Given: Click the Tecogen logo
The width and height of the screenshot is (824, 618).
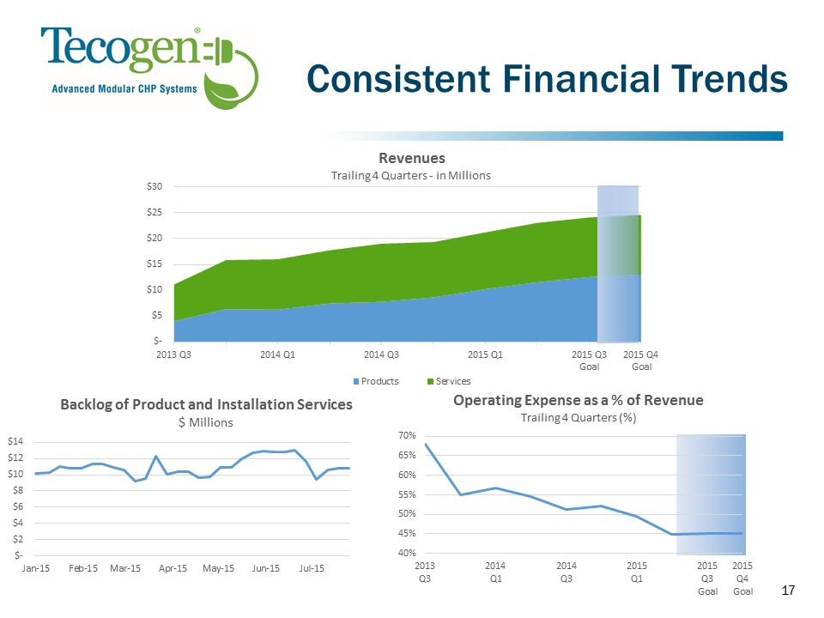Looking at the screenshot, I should (149, 65).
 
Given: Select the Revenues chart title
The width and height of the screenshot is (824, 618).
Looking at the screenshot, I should (412, 159).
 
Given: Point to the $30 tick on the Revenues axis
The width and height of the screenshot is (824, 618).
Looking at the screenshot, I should (157, 186).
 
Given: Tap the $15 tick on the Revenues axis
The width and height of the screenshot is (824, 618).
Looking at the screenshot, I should (157, 264).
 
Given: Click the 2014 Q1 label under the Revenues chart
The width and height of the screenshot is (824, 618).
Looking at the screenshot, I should (278, 354).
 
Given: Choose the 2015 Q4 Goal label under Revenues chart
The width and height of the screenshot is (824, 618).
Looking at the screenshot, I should (640, 360).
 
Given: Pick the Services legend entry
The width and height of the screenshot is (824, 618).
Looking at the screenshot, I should (453, 380).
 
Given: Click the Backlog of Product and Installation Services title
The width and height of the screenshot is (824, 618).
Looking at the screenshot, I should (206, 405).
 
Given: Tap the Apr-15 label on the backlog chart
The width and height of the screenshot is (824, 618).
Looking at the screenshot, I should (173, 569).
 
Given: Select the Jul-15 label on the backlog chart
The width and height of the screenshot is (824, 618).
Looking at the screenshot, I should (312, 569).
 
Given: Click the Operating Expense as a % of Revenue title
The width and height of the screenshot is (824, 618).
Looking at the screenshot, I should (578, 401).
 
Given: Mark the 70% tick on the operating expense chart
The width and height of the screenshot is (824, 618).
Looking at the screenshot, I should (406, 436).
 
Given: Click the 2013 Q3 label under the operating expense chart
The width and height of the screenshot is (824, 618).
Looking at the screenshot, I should (425, 573).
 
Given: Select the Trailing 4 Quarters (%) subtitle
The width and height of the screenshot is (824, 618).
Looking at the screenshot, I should (578, 417).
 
